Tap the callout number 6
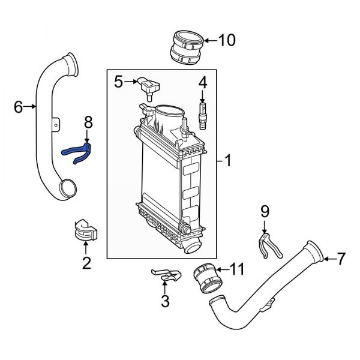point(18,107)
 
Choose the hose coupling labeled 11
point(206,280)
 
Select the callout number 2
point(86,262)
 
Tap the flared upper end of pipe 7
point(314,250)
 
